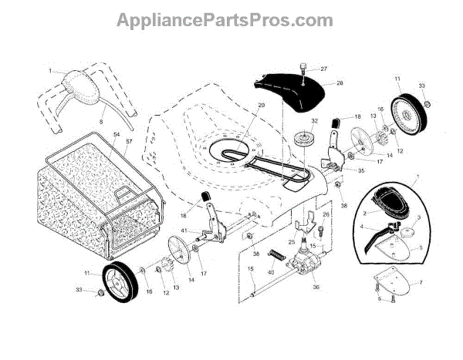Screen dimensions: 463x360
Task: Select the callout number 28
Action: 340,82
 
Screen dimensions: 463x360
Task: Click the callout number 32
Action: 314,121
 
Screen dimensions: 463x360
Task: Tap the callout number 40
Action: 271,271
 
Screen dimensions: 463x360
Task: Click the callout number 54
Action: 117,135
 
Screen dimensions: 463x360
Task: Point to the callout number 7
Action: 420,283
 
